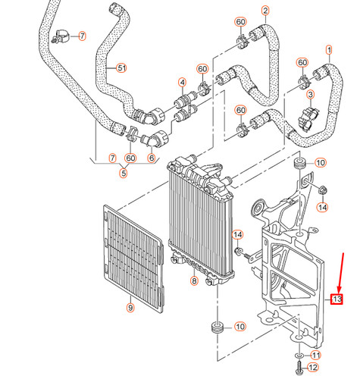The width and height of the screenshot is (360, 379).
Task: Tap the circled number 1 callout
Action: click(x=329, y=50)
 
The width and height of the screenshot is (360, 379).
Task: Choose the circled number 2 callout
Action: click(x=265, y=11)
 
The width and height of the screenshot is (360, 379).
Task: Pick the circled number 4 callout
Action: click(x=182, y=82)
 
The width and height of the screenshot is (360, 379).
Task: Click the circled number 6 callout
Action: click(x=152, y=158)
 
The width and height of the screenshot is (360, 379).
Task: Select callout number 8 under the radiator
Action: click(x=193, y=281)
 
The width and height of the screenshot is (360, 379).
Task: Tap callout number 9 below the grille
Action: click(x=130, y=307)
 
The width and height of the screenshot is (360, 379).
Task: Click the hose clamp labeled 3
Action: click(x=309, y=116)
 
